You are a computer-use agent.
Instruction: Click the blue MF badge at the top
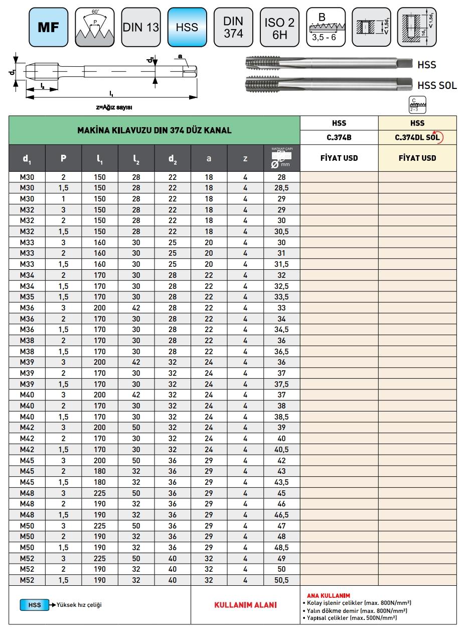click(x=49, y=27)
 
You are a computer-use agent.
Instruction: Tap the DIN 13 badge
click(x=141, y=27)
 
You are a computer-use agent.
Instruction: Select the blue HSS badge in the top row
click(x=187, y=27)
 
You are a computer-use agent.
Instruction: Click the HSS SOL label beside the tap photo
click(x=437, y=85)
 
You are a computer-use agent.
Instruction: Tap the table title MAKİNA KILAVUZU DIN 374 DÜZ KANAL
click(x=154, y=130)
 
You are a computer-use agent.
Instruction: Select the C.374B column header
click(x=339, y=137)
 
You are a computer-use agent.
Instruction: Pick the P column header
click(x=63, y=158)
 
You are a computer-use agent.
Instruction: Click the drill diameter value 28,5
click(x=282, y=187)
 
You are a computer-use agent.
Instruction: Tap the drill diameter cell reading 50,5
click(x=282, y=580)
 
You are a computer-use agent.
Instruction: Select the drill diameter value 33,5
click(x=282, y=296)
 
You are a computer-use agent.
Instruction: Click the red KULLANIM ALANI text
click(x=245, y=605)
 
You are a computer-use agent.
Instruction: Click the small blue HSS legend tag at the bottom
click(x=34, y=605)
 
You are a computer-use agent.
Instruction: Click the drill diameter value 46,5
click(x=282, y=515)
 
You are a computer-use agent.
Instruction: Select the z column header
click(x=245, y=158)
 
